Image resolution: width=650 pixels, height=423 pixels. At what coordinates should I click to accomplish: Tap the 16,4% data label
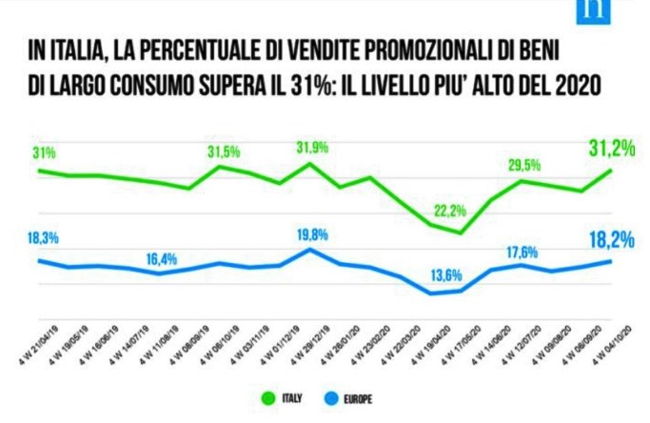164,258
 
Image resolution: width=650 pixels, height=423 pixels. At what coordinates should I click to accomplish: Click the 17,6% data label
522,252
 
